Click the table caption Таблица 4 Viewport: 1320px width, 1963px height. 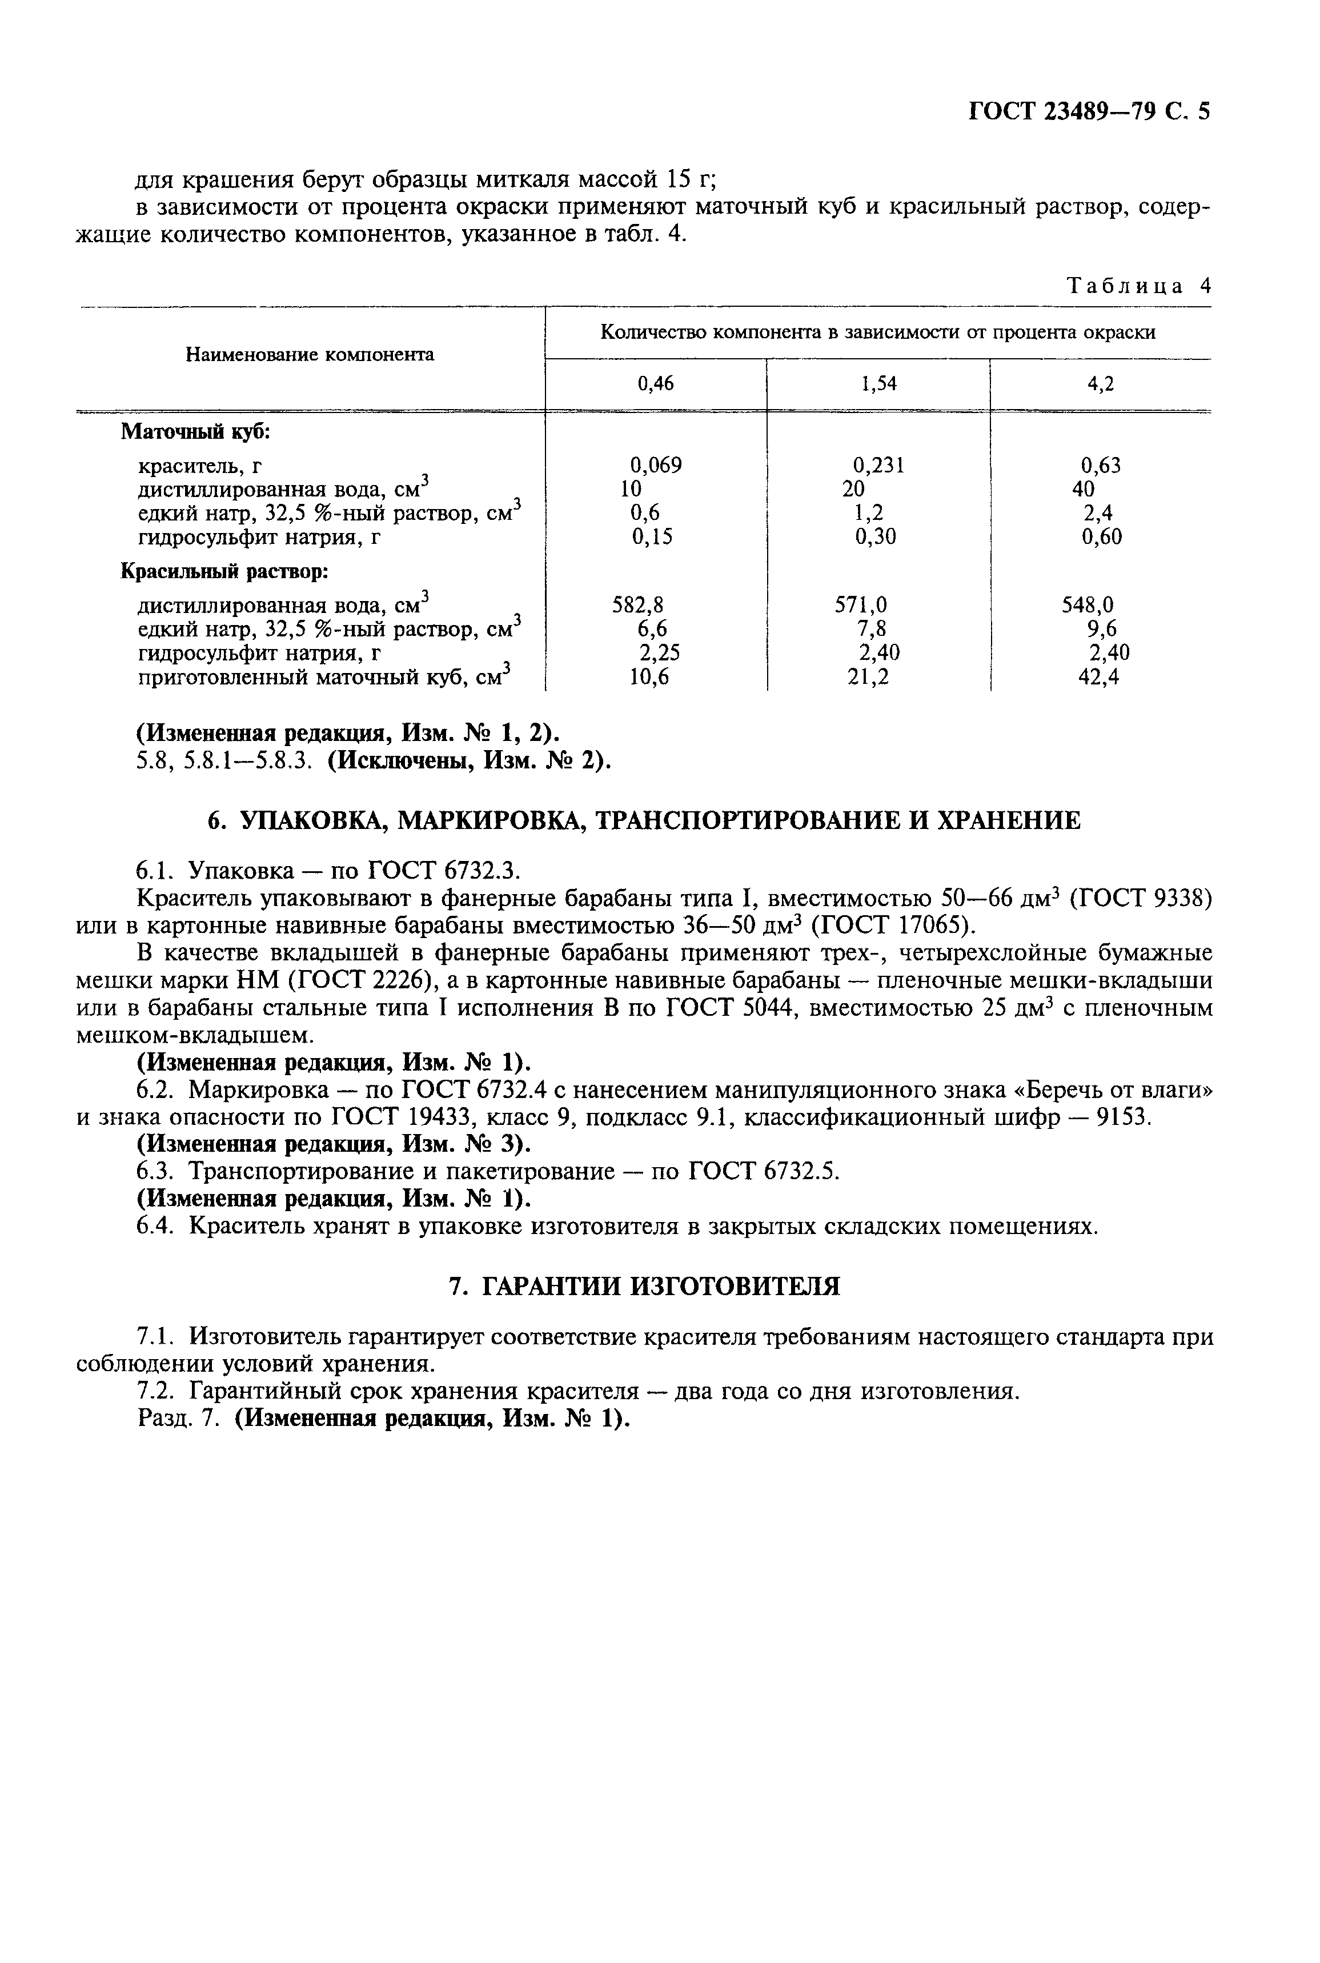click(1138, 285)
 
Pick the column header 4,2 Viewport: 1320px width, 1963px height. click(1100, 384)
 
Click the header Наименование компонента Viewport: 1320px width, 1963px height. click(310, 354)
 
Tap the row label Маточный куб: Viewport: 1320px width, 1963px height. click(195, 432)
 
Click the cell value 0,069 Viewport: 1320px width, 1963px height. click(656, 464)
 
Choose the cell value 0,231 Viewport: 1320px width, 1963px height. click(878, 464)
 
